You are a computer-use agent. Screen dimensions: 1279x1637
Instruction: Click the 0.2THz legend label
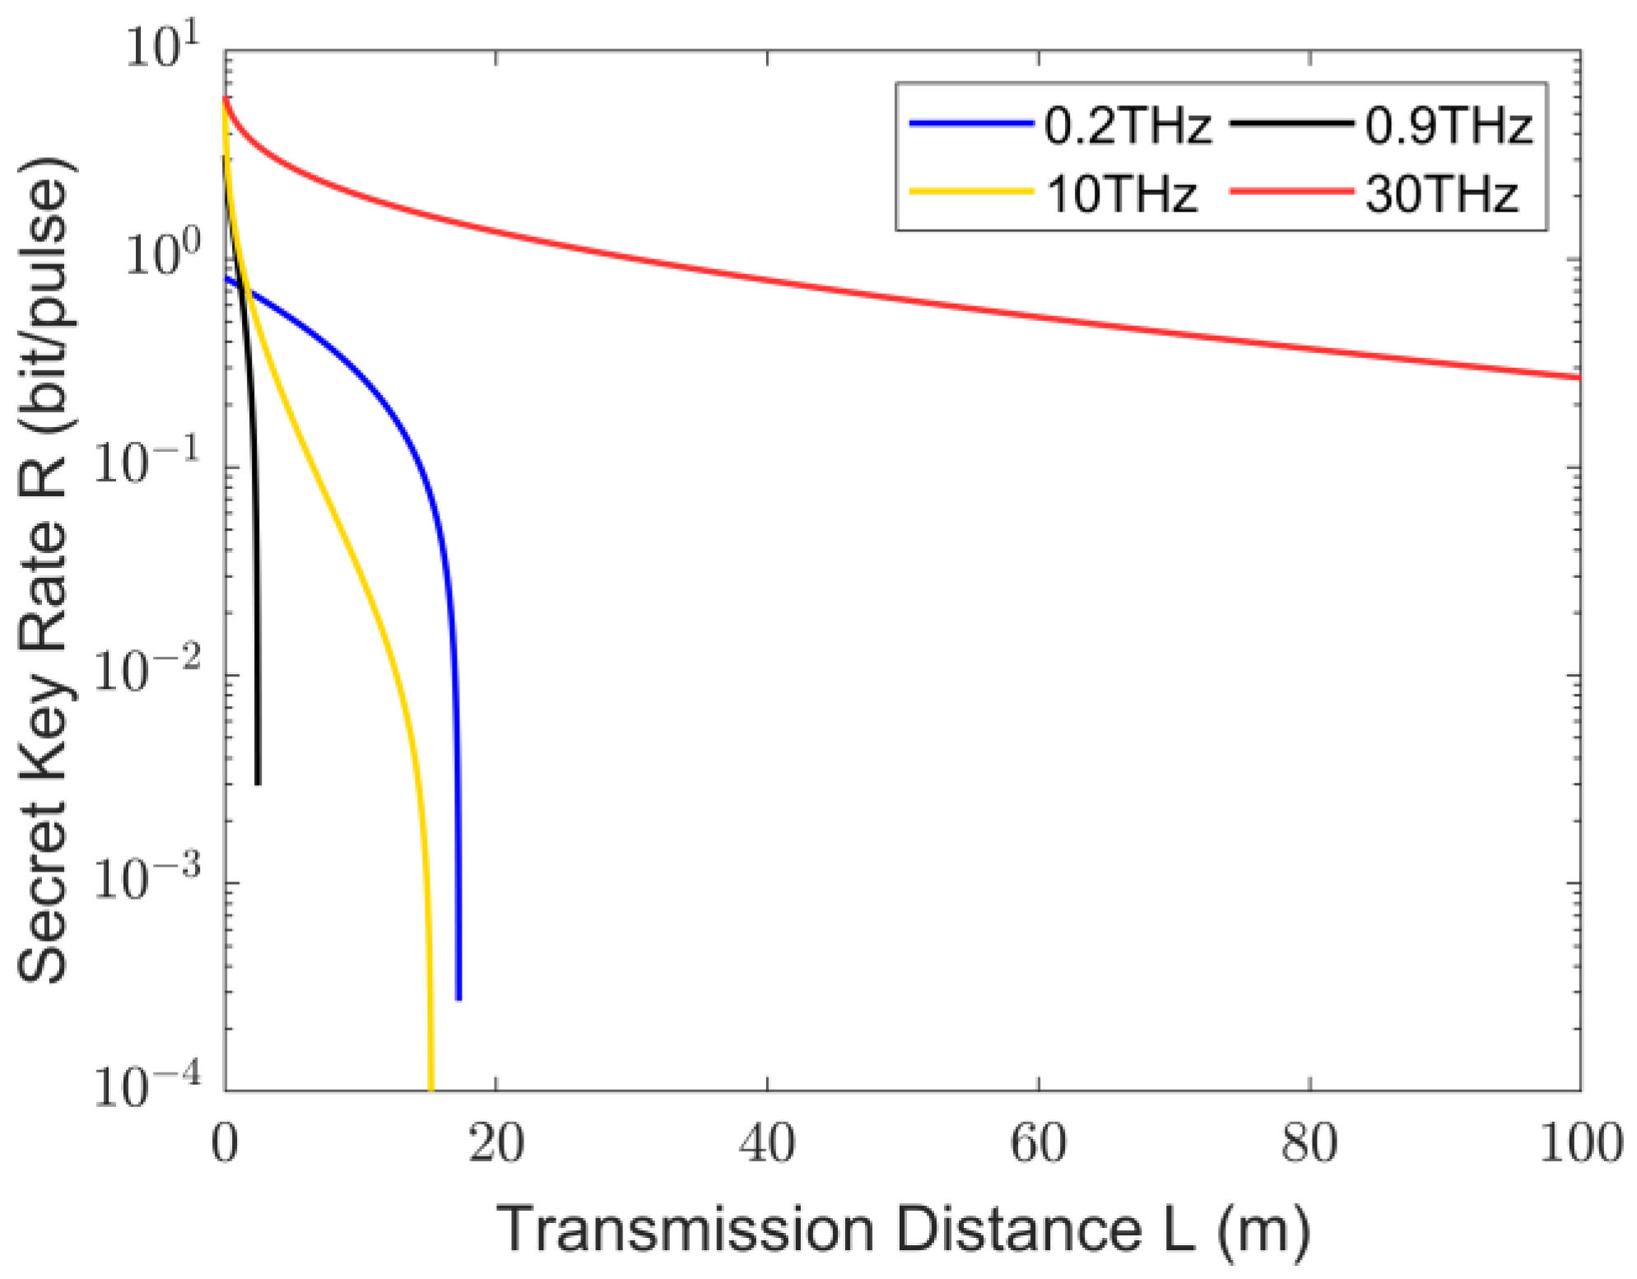(x=1127, y=126)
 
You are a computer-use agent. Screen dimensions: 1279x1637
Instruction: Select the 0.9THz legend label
(x=1448, y=126)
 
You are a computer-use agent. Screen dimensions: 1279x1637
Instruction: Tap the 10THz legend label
(x=1121, y=195)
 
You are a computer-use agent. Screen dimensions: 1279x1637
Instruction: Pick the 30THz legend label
(x=1441, y=195)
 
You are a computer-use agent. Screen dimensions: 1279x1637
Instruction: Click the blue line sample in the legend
(x=971, y=123)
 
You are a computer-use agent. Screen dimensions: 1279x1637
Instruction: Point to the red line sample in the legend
(x=1291, y=192)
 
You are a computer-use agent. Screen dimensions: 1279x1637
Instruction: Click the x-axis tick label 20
(x=495, y=1143)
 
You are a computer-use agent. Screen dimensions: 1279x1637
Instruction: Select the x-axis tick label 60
(x=1038, y=1143)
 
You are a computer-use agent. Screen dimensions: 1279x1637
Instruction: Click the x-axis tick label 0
(x=225, y=1143)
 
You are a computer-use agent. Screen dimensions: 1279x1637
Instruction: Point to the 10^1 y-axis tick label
(x=161, y=47)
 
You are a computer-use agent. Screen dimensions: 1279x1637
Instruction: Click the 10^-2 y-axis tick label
(x=146, y=671)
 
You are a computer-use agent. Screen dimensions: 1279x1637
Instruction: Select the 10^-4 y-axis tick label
(x=146, y=1086)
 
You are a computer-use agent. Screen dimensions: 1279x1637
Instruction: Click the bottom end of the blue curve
(x=458, y=998)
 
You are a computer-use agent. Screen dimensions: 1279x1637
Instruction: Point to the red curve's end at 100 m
(x=1578, y=377)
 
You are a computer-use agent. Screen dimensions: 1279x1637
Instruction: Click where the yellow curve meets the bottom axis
(x=430, y=1087)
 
